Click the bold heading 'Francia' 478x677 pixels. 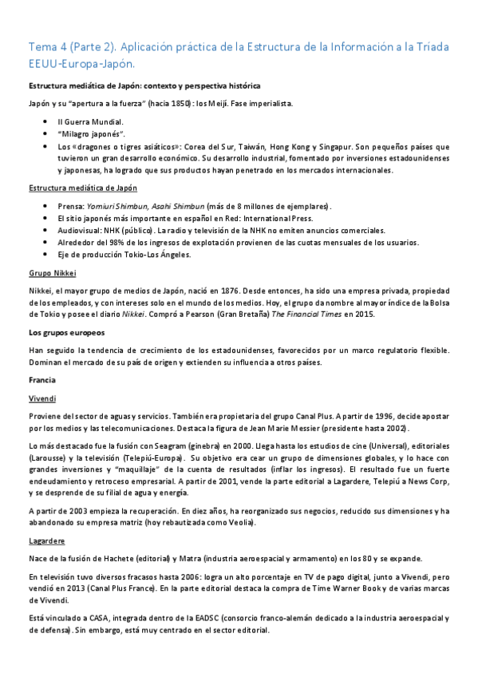pos(41,379)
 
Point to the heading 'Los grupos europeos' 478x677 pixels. pos(66,332)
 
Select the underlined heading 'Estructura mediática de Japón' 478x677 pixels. pos(82,188)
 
